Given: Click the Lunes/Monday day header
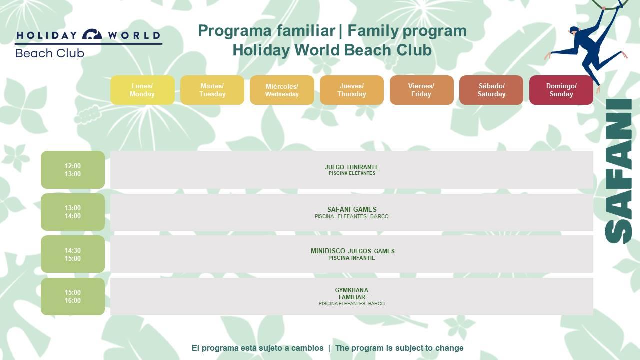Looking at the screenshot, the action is click(x=142, y=90).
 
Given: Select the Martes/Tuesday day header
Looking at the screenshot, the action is click(x=212, y=90).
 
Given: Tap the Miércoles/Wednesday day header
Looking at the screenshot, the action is click(x=282, y=90).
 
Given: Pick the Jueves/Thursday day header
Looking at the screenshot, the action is click(x=351, y=90).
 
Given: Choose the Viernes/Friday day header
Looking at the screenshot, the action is click(x=421, y=90).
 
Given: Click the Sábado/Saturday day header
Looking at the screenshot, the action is click(x=491, y=90).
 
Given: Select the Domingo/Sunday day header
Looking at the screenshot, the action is click(x=561, y=90).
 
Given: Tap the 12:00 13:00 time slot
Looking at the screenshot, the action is click(x=73, y=170).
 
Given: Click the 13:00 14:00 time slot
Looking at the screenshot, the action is click(x=73, y=212).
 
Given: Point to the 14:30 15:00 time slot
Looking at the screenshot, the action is click(x=73, y=254).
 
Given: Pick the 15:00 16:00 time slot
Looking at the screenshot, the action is click(x=73, y=296).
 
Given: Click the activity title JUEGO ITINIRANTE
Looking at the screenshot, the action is click(x=351, y=167).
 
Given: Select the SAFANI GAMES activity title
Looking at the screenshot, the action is click(x=352, y=209).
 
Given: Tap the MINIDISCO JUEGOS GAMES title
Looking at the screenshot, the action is click(x=352, y=251).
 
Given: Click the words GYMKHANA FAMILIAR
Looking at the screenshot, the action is click(x=351, y=293).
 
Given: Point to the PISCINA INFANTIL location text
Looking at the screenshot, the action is click(x=351, y=258).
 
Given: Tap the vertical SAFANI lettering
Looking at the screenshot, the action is click(x=618, y=171).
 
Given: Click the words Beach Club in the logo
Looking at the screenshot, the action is click(x=50, y=53).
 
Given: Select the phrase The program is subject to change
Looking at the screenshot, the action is click(x=399, y=348).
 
